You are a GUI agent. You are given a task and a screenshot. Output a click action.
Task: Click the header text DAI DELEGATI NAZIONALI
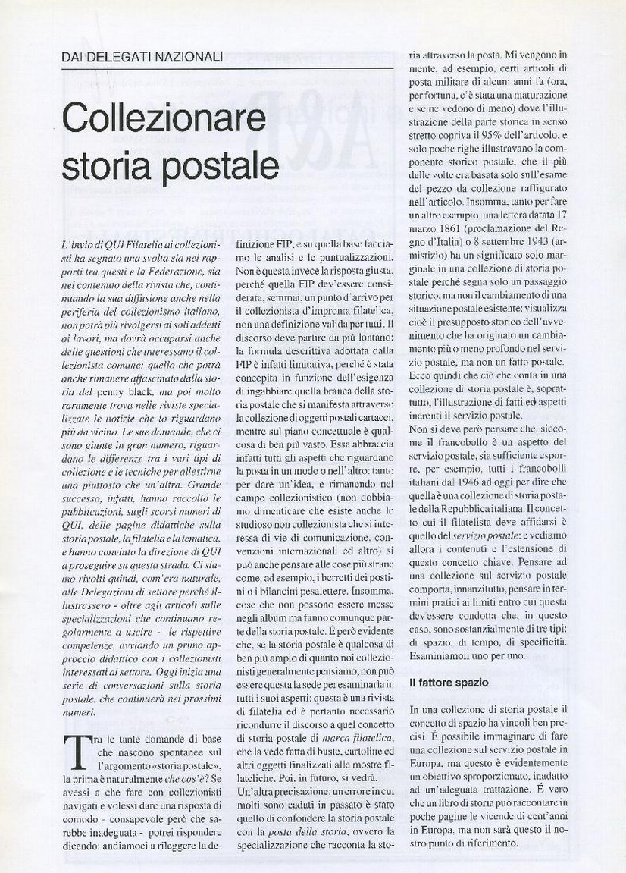pyautogui.click(x=142, y=56)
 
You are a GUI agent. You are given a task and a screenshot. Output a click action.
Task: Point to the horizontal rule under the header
pyautogui.click(x=227, y=69)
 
